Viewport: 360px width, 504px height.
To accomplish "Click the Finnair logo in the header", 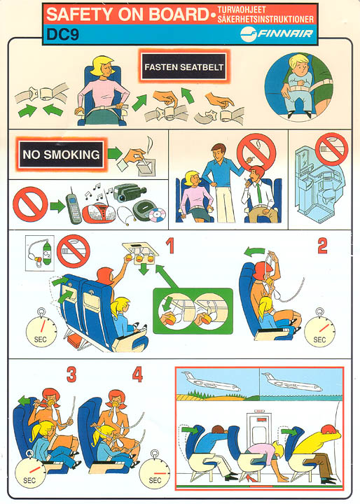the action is [277, 33].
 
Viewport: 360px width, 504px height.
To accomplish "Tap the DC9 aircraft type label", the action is [62, 34].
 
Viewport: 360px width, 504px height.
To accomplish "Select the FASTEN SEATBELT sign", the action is [184, 67].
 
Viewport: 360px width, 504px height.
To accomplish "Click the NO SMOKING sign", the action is [61, 154].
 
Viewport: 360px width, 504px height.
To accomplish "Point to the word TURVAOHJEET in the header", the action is [242, 10].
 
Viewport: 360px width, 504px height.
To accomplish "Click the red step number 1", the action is [170, 246].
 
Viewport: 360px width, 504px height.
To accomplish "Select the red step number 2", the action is [322, 246].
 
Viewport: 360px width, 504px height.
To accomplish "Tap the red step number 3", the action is [71, 374].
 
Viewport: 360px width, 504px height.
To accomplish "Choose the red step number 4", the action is [137, 374].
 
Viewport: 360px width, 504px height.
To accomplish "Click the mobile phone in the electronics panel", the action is [74, 209].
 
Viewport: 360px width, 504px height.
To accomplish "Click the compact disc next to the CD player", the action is [158, 216].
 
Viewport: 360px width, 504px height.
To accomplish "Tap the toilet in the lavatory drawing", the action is [328, 196].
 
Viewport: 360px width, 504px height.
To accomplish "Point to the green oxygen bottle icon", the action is [47, 253].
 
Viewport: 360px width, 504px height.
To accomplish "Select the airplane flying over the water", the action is [292, 382].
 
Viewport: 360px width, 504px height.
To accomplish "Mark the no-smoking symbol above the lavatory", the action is [332, 149].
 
